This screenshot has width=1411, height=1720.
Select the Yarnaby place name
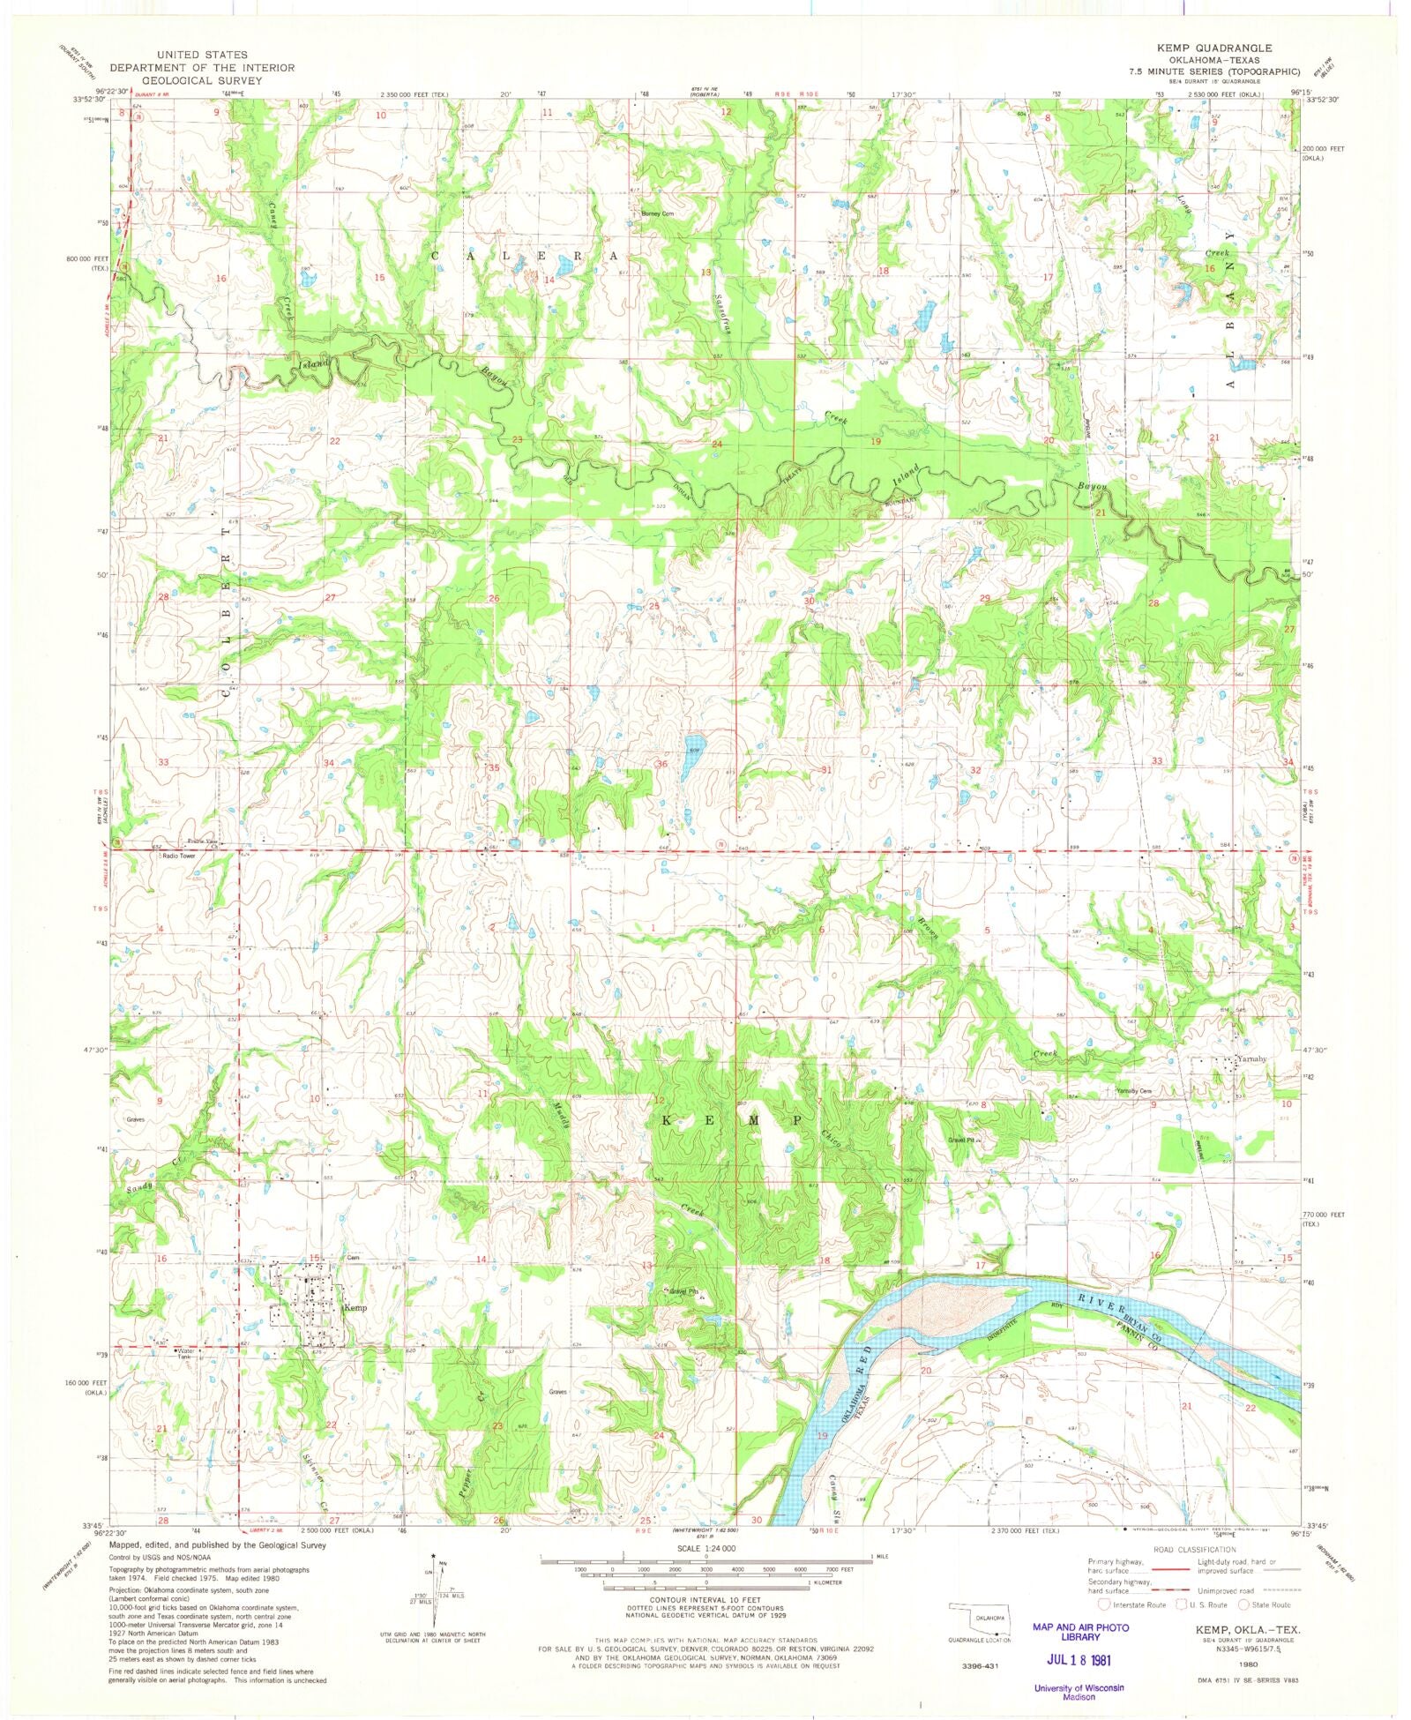1251,1058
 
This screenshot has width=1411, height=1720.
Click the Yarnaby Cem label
1134,1091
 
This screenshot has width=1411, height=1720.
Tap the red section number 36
661,764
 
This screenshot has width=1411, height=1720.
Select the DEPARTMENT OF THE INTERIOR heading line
185,67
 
